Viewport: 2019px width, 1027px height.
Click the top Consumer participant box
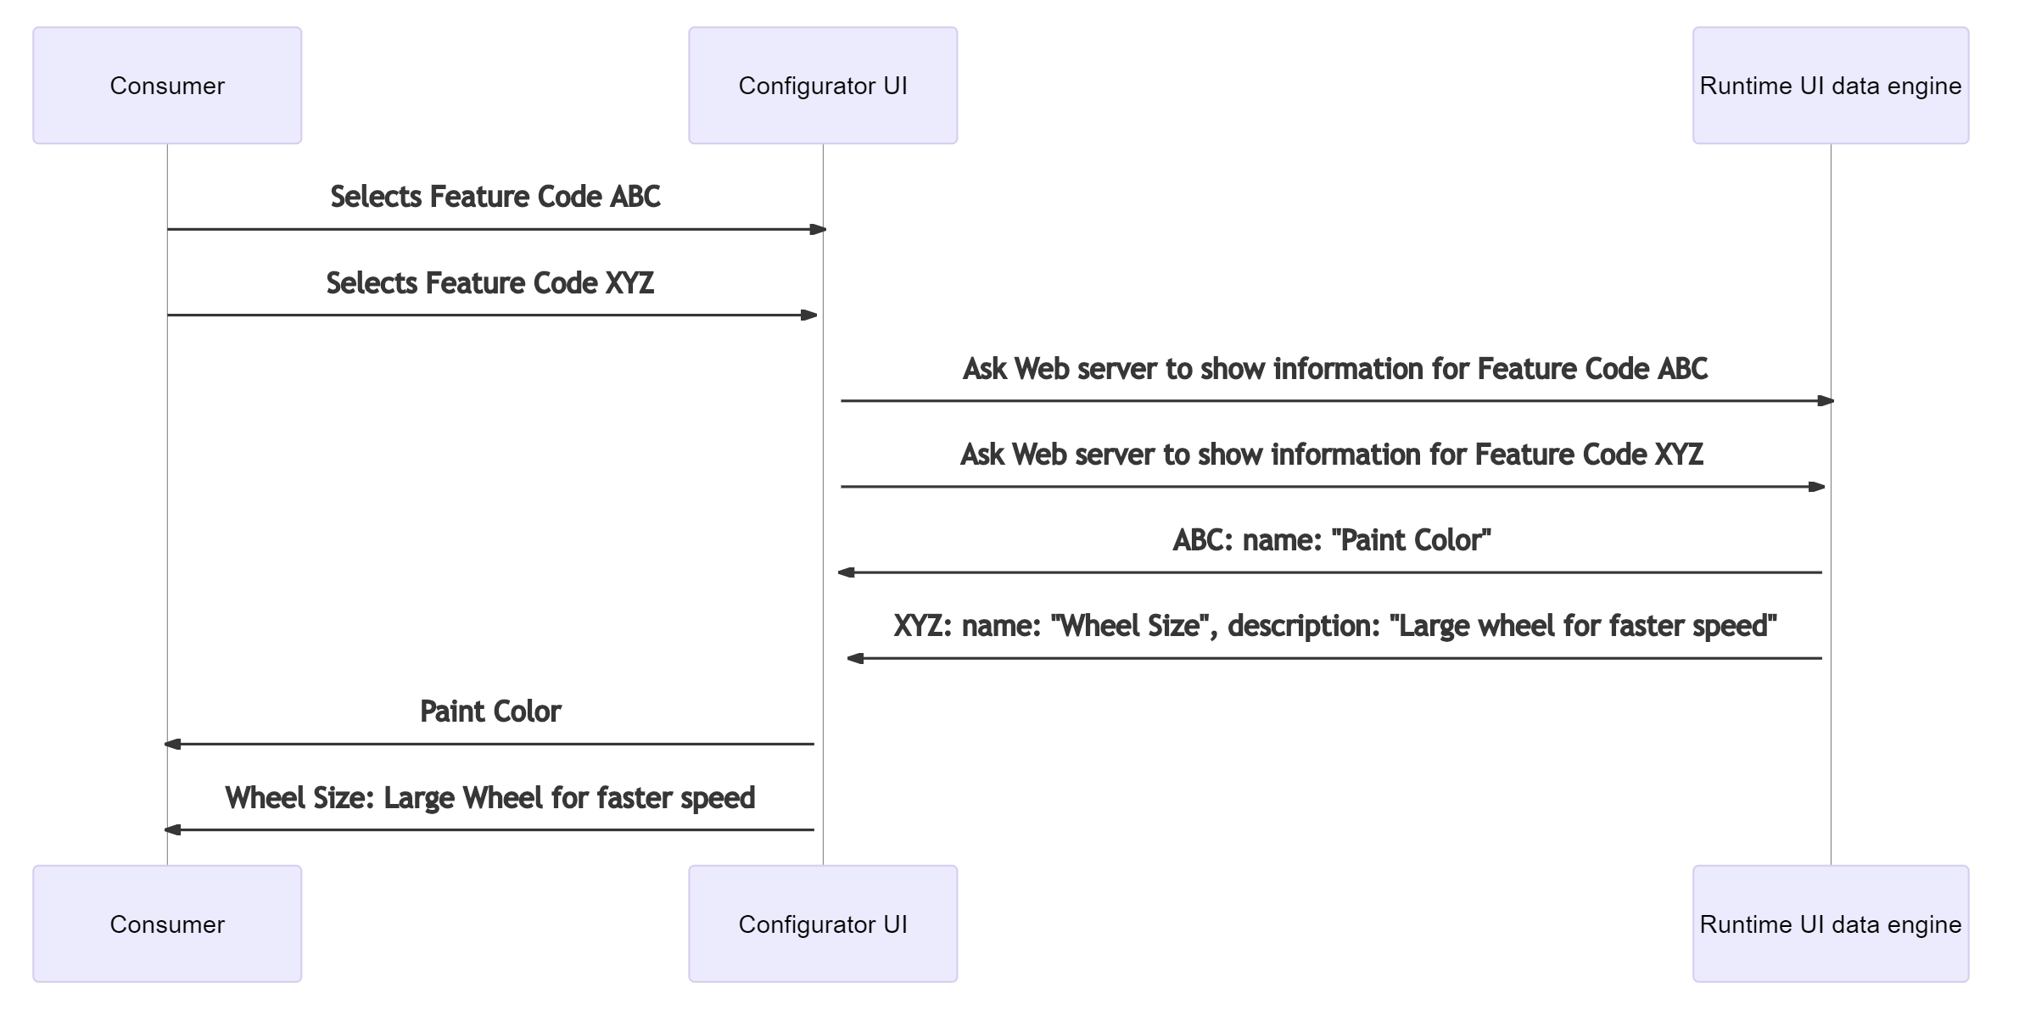167,86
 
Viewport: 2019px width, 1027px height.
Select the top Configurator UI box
822,86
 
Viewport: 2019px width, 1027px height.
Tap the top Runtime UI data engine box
1830,86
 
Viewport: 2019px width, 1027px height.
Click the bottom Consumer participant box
167,924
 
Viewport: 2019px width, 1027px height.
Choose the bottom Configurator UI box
822,924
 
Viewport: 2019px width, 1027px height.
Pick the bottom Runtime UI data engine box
1830,924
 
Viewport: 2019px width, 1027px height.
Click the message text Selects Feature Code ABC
495,197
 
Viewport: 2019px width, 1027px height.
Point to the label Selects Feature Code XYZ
489,283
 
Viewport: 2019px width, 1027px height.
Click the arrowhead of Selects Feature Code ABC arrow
818,229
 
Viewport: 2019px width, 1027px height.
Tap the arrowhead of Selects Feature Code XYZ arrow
809,315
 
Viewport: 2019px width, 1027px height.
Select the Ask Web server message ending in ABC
1334,369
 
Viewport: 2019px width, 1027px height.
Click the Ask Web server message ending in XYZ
1331,455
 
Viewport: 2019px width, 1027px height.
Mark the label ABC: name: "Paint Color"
1331,540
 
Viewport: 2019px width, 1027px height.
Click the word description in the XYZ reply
1303,626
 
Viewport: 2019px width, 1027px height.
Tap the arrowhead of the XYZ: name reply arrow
855,658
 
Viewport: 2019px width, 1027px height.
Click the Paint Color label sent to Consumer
489,712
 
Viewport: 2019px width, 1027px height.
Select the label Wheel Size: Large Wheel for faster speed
489,798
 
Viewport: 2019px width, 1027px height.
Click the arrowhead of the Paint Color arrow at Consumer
172,744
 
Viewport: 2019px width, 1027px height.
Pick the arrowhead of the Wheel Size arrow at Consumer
172,829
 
